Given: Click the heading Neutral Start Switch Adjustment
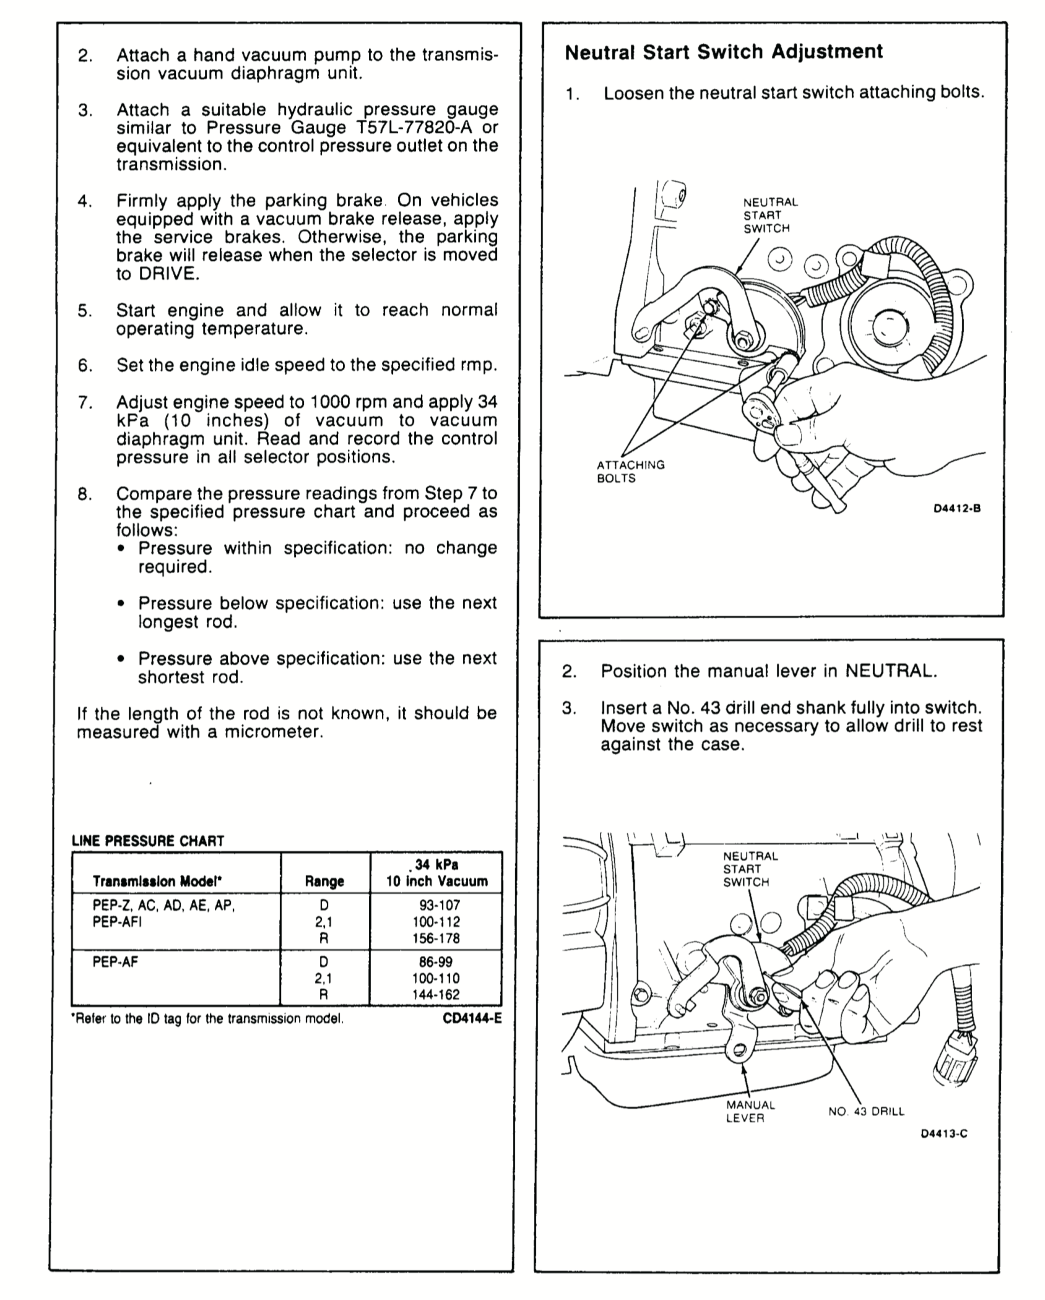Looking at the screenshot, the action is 724,52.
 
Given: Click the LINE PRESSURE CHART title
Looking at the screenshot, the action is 148,841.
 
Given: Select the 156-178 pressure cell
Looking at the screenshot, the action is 436,938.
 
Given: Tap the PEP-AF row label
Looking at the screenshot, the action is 116,962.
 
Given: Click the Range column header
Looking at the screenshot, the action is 324,881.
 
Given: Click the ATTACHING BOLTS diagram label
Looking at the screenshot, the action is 630,472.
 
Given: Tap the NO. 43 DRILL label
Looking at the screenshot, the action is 866,1111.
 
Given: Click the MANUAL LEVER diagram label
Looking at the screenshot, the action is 750,1111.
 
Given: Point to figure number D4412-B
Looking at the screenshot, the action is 957,509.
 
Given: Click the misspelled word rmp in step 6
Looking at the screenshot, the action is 480,366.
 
